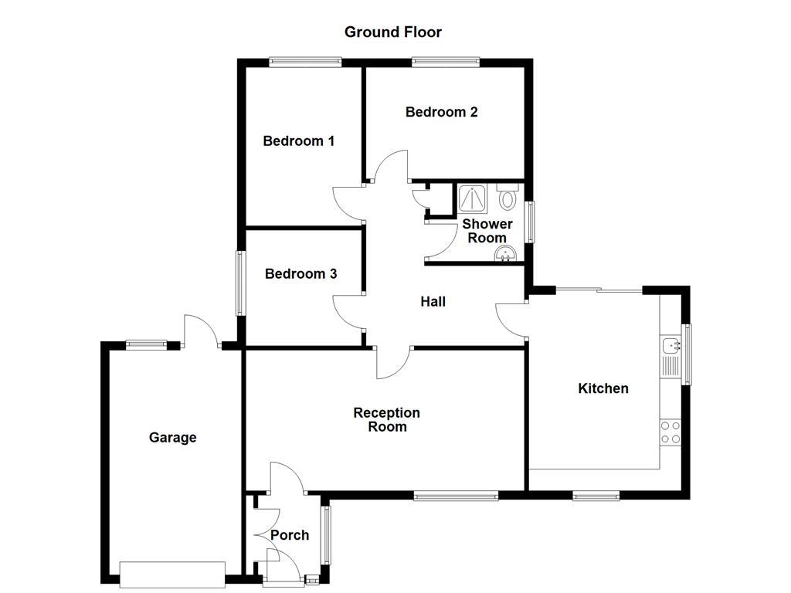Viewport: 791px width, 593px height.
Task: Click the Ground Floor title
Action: (392, 32)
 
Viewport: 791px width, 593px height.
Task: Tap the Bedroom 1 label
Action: (298, 141)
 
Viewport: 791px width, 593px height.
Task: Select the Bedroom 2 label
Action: (441, 112)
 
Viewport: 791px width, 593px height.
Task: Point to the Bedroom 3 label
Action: (300, 274)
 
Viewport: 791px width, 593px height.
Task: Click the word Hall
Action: (433, 302)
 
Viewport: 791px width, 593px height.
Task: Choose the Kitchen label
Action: (603, 388)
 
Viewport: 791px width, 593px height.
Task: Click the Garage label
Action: (172, 438)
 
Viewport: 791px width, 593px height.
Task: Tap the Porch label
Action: (290, 535)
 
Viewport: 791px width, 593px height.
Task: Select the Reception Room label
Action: (387, 420)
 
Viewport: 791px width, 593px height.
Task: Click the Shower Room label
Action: (487, 231)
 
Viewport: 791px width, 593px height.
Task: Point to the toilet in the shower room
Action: (508, 198)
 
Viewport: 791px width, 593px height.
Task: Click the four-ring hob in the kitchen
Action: (670, 432)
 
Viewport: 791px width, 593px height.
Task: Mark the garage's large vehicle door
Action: (172, 574)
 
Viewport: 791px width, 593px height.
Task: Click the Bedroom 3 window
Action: (239, 283)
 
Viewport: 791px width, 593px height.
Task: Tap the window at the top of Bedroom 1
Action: (305, 62)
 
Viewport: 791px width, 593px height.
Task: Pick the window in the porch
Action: (326, 534)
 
